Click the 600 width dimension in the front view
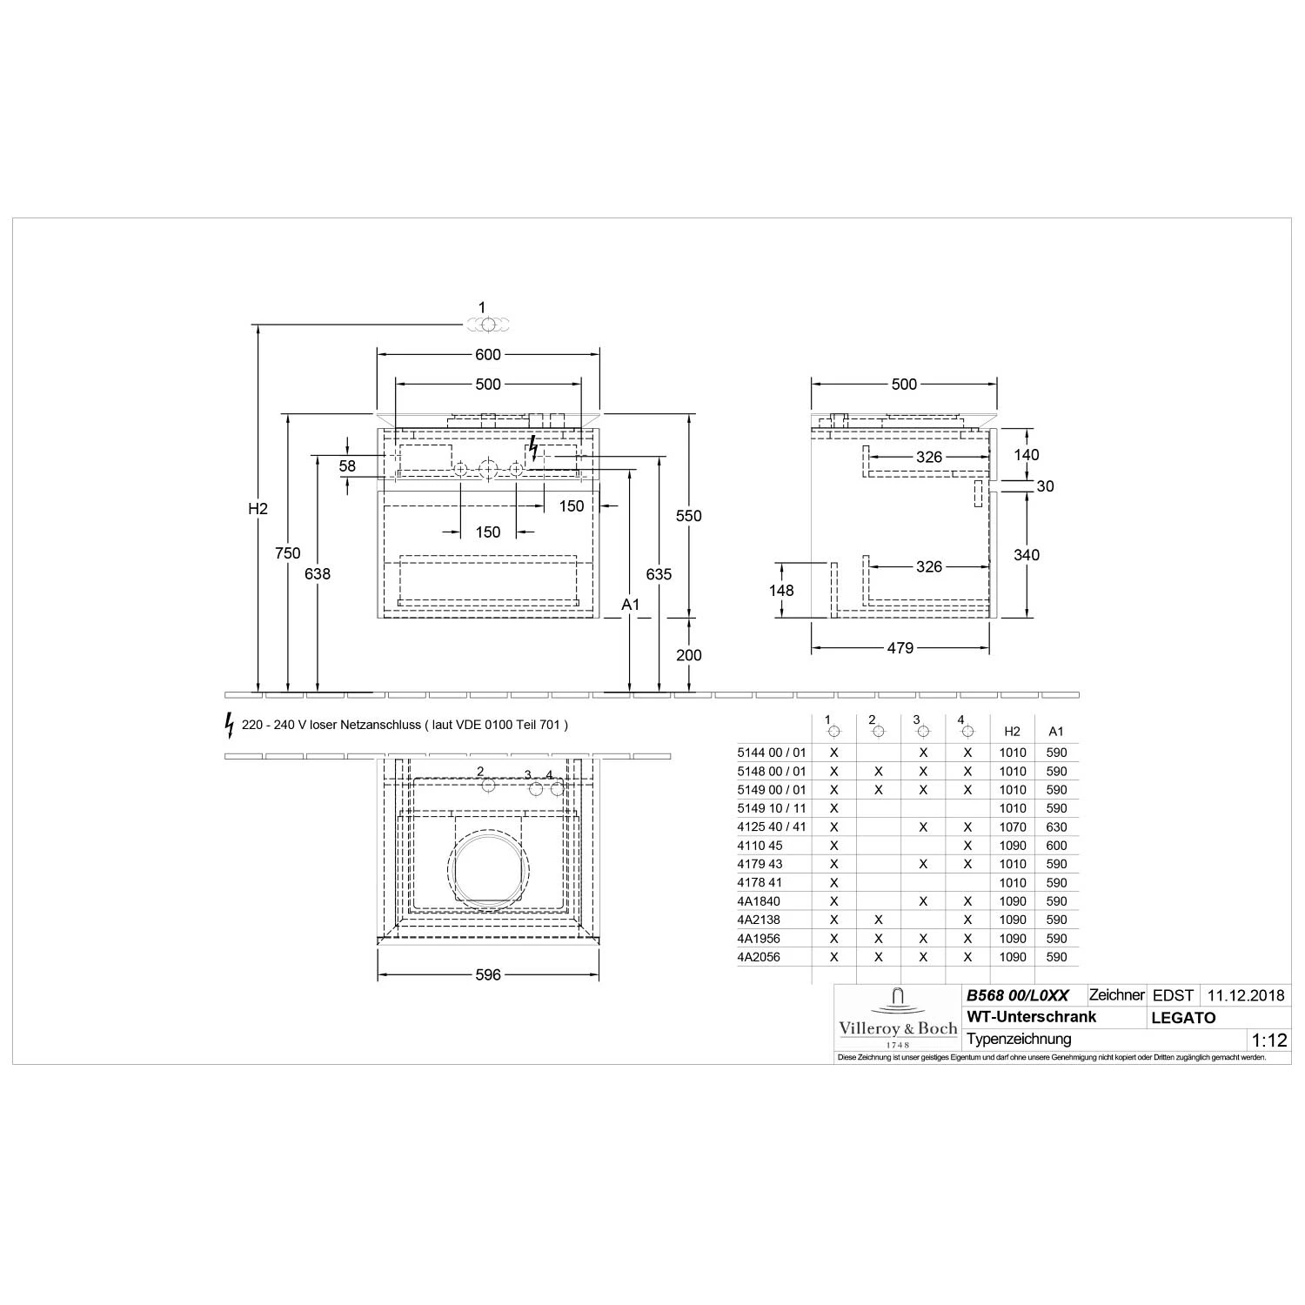(x=488, y=354)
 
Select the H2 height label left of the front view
(x=258, y=509)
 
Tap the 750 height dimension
(x=287, y=553)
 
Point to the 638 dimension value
(x=318, y=573)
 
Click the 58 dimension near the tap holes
(x=347, y=466)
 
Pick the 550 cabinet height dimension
(x=688, y=516)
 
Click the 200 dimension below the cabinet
(x=688, y=655)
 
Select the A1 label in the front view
(x=631, y=605)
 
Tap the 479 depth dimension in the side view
(x=900, y=648)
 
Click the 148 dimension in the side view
(x=781, y=591)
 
